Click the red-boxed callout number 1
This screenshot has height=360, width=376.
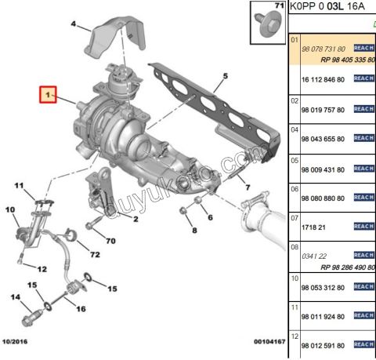49,96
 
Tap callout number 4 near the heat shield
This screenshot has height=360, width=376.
74,25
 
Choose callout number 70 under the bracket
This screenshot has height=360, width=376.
110,241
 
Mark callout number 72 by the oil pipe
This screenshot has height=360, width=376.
95,256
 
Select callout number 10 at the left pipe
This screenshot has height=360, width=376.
10,210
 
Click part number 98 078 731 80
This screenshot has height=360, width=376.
324,49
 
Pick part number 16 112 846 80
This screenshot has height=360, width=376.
324,79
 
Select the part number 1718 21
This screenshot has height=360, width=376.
313,226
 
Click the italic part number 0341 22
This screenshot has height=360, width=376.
314,256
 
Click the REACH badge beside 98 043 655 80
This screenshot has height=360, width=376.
364,138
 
